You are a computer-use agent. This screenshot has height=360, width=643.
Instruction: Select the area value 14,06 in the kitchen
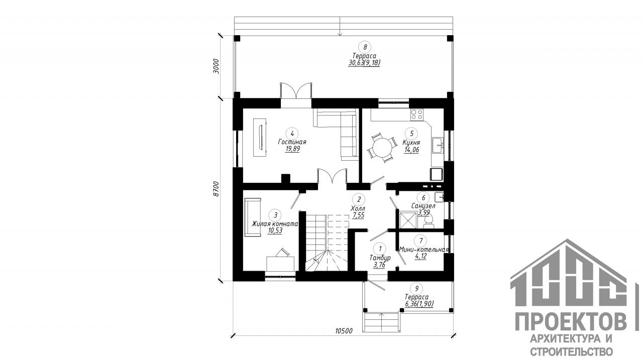[x=411, y=150]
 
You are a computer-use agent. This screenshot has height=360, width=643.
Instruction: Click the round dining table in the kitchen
[x=381, y=148]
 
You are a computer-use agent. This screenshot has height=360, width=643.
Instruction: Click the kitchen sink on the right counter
[x=438, y=146]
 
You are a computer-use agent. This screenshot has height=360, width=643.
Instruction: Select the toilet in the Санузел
[x=428, y=222]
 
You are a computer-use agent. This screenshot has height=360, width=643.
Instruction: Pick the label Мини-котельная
[x=424, y=250]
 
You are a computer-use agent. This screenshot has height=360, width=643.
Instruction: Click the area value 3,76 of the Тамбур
[x=379, y=265]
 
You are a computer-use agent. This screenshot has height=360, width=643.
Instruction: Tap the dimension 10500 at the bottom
[x=344, y=331]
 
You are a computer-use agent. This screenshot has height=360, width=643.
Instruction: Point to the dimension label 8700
[x=216, y=189]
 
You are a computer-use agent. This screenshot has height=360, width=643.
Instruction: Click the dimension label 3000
[x=216, y=67]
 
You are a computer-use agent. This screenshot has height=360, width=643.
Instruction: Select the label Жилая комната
[x=275, y=224]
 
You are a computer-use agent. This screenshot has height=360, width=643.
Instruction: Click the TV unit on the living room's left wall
[x=59, y=138]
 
